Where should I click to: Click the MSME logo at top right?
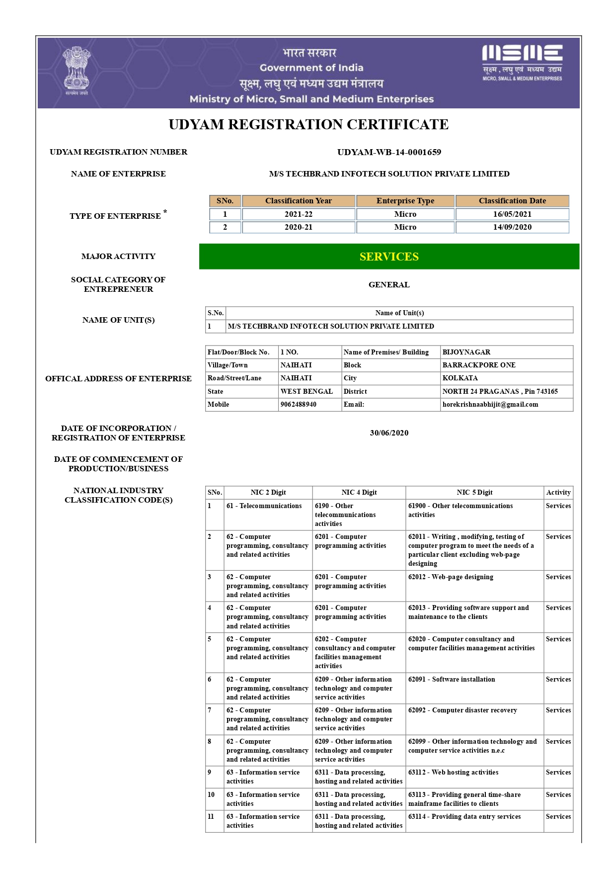click(522, 62)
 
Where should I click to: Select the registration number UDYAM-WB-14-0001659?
click(389, 152)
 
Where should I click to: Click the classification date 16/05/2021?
click(512, 214)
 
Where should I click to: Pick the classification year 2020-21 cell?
click(299, 227)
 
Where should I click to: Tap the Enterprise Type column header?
click(405, 201)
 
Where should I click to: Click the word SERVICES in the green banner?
click(389, 257)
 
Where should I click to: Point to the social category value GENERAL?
click(389, 285)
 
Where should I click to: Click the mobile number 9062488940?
click(299, 405)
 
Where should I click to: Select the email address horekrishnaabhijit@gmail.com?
click(490, 405)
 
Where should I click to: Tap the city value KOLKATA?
click(460, 378)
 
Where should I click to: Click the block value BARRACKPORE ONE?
click(479, 365)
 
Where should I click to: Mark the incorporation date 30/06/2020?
click(389, 433)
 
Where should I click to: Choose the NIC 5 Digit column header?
click(474, 493)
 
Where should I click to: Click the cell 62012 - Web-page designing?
click(451, 577)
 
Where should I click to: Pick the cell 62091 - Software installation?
click(452, 680)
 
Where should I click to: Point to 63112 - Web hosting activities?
click(453, 773)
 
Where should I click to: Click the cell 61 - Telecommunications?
click(264, 506)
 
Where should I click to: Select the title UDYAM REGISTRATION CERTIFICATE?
click(308, 124)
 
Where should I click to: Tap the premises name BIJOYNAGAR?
click(466, 352)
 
